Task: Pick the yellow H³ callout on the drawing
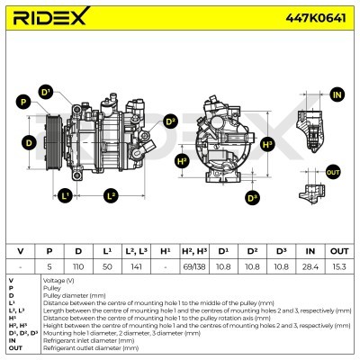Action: click(x=267, y=143)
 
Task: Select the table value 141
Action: click(x=136, y=267)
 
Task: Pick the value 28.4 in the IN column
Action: click(x=310, y=267)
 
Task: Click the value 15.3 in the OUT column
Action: click(x=338, y=267)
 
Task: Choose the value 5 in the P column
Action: click(x=49, y=267)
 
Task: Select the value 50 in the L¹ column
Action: click(x=106, y=267)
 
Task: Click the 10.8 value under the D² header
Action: click(x=252, y=267)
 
